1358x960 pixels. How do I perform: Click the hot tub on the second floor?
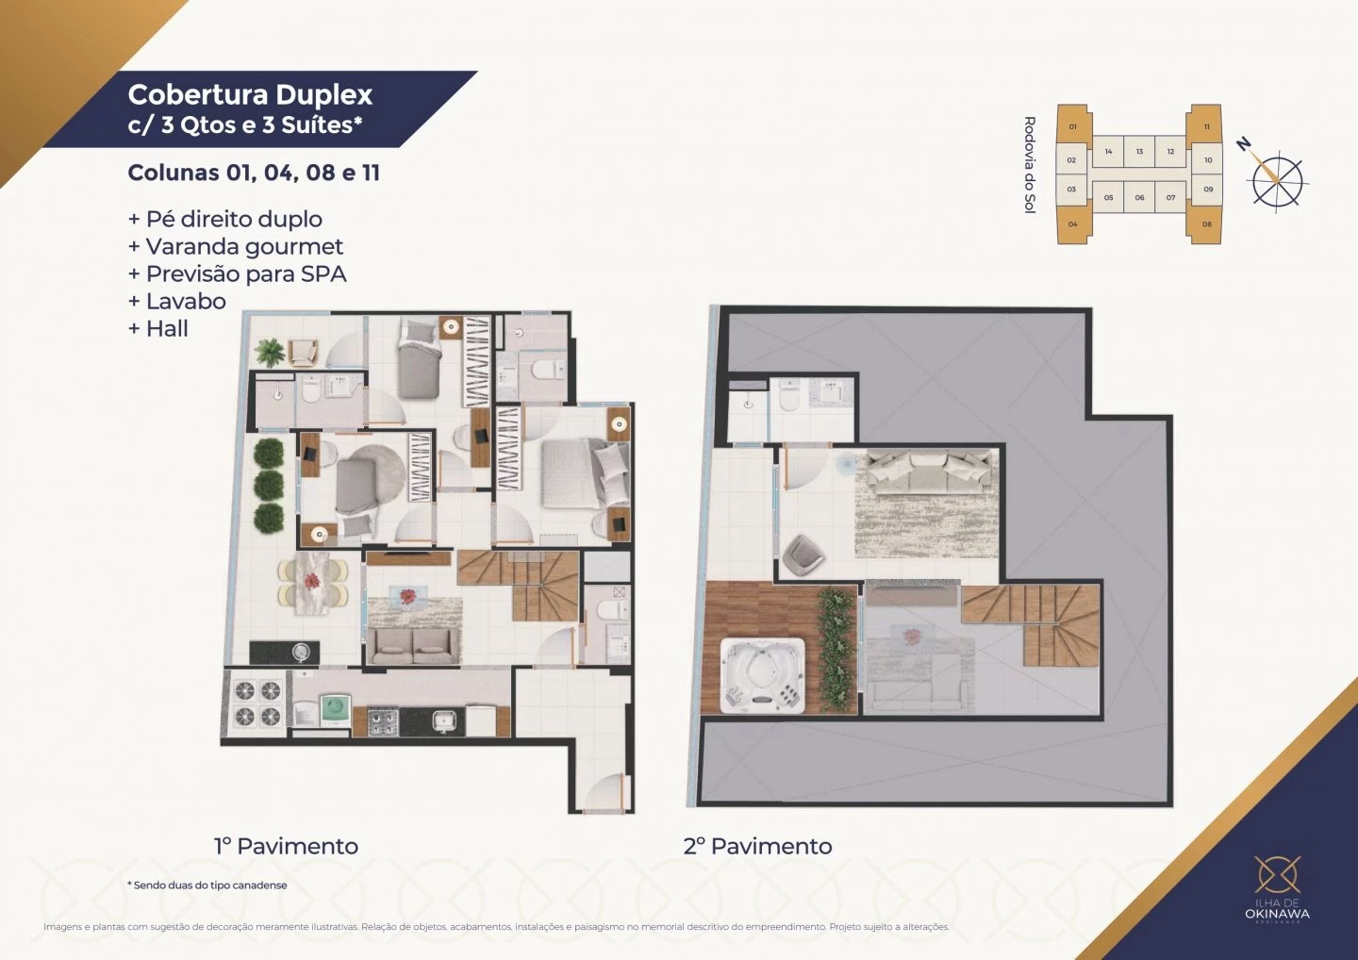pyautogui.click(x=763, y=675)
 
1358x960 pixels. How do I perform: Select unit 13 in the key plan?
pyautogui.click(x=1139, y=152)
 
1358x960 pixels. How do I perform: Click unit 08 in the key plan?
pyautogui.click(x=1206, y=224)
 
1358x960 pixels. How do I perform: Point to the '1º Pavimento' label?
pyautogui.click(x=286, y=846)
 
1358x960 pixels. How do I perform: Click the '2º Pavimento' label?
pyautogui.click(x=757, y=846)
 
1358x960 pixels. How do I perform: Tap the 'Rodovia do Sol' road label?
pyautogui.click(x=1029, y=165)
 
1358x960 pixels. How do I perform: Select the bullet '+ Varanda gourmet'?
pyautogui.click(x=236, y=247)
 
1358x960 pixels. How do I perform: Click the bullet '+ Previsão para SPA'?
pyautogui.click(x=238, y=274)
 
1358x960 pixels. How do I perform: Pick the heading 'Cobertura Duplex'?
pyautogui.click(x=250, y=95)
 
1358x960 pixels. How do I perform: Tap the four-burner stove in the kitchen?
pyautogui.click(x=382, y=721)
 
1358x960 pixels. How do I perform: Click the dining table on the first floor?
pyautogui.click(x=311, y=584)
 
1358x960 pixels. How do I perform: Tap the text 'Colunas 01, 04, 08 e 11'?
pyautogui.click(x=254, y=174)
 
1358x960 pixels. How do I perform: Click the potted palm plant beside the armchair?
pyautogui.click(x=270, y=352)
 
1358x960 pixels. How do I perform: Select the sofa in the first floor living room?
pyautogui.click(x=413, y=646)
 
